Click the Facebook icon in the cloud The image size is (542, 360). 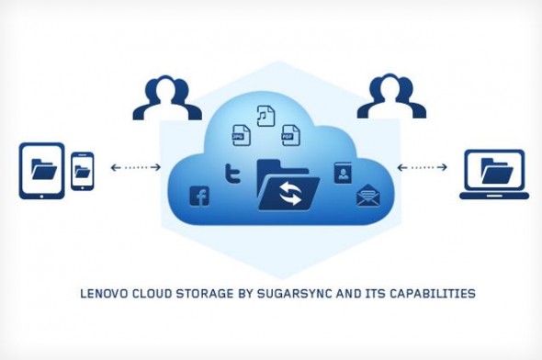click(x=198, y=195)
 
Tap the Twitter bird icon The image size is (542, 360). click(x=232, y=172)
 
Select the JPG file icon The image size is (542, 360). click(x=242, y=134)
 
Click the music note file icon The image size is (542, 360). click(x=266, y=116)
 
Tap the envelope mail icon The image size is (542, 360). click(x=367, y=196)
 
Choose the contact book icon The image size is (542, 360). click(x=343, y=173)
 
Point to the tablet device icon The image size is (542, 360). click(x=42, y=171)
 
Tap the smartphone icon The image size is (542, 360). click(x=83, y=171)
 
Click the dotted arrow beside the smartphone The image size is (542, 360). click(x=135, y=168)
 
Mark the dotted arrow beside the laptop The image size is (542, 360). click(x=423, y=168)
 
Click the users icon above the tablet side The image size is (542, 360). click(x=165, y=98)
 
